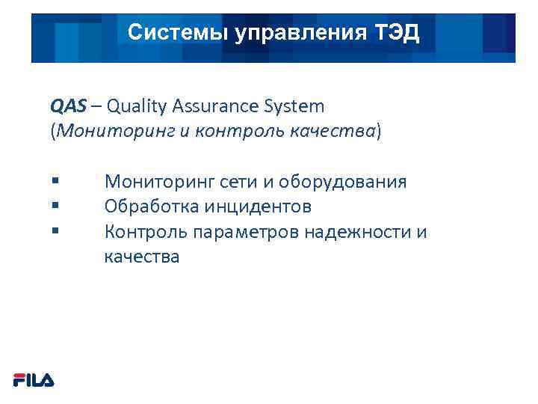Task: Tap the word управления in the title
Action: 291,33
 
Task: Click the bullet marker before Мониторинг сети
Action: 55,180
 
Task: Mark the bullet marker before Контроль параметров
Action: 55,231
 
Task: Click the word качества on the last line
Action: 142,257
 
